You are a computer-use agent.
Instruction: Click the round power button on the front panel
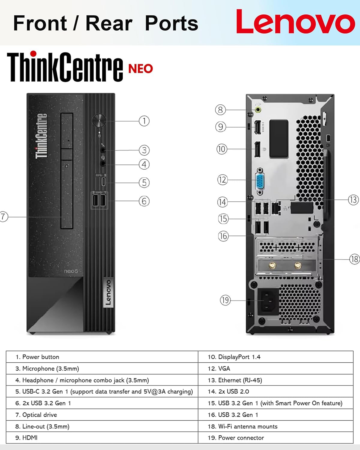(x=99, y=121)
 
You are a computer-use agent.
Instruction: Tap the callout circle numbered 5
(x=144, y=182)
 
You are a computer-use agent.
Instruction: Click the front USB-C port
(x=103, y=182)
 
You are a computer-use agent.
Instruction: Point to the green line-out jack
(x=258, y=110)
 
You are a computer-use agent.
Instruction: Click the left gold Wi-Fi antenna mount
(x=272, y=265)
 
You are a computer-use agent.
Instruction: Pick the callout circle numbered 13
(x=353, y=200)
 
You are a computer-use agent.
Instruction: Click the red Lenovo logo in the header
(x=295, y=22)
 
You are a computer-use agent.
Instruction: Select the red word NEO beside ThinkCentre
(x=140, y=69)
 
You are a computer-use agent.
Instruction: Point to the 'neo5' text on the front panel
(x=71, y=271)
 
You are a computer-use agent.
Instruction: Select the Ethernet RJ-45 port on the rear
(x=276, y=208)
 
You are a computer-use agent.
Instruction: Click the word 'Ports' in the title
(x=171, y=23)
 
